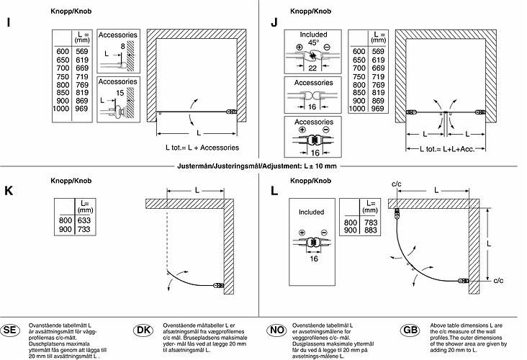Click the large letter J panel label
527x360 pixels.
tap(274, 22)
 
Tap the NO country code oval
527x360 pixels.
tap(275, 330)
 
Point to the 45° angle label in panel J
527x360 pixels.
tap(313, 43)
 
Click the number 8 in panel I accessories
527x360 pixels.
tap(123, 46)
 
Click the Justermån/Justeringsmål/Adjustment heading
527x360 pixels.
tap(263, 166)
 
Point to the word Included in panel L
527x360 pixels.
tap(312, 213)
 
